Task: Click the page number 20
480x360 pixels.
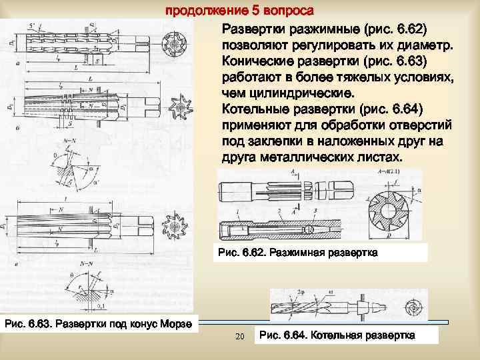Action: coord(241,335)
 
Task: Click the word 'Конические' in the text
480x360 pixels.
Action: coord(256,61)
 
